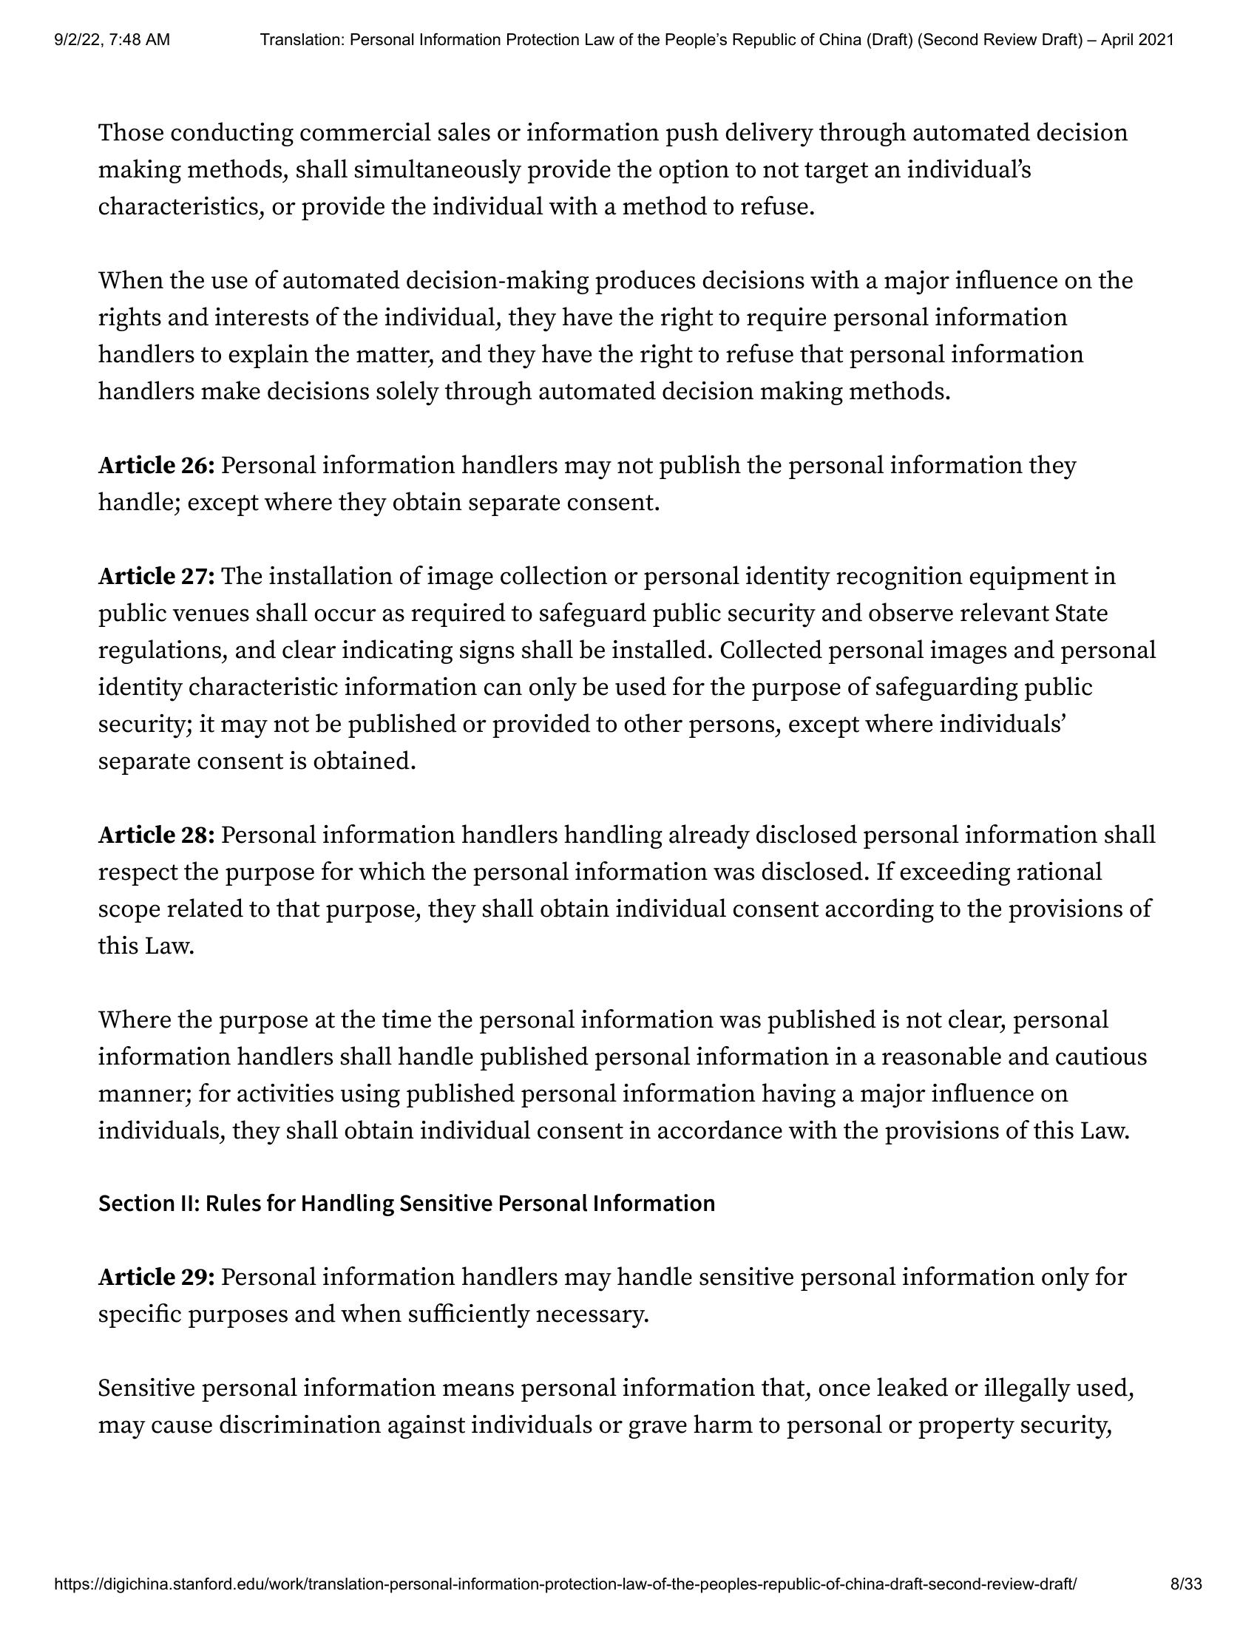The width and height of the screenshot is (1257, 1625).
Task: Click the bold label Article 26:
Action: (156, 466)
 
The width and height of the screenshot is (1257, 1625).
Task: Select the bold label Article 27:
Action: (156, 577)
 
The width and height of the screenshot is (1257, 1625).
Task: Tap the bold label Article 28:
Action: (156, 835)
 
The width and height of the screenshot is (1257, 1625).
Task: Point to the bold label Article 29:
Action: (156, 1278)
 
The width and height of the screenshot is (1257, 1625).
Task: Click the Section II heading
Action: (407, 1204)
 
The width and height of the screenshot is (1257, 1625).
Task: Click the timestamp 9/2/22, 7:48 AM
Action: (112, 40)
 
